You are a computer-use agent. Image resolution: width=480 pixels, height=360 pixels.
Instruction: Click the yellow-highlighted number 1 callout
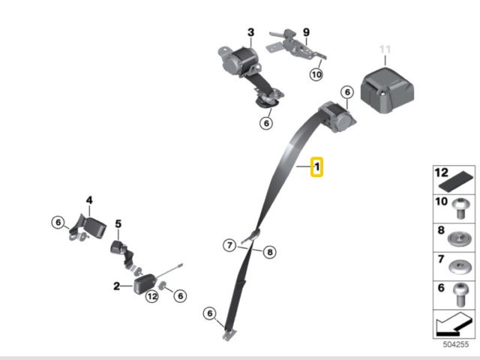[x=316, y=166]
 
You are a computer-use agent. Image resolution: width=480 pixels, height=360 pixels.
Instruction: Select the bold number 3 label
[x=251, y=32]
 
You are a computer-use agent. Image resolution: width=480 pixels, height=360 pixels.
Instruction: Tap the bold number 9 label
[x=306, y=31]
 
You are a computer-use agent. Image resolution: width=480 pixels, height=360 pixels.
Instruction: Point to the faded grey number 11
[x=385, y=49]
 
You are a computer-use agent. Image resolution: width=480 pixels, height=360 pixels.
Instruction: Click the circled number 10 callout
[x=316, y=74]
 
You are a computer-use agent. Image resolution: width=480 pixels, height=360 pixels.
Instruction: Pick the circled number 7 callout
[x=229, y=245]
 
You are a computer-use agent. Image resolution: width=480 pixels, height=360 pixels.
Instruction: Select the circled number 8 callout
[x=270, y=252]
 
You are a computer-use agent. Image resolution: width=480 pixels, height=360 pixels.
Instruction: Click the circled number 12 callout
[x=152, y=296]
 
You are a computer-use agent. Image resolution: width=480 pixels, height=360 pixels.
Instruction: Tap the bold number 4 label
[x=89, y=200]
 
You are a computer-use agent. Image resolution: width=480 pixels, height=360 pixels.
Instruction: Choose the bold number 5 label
[x=118, y=223]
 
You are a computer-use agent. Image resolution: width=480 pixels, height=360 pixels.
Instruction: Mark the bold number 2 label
[x=117, y=286]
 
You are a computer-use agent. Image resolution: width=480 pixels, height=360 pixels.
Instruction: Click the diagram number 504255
[x=456, y=344]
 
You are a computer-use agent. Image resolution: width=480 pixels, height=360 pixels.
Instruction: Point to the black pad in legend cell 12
[x=456, y=181]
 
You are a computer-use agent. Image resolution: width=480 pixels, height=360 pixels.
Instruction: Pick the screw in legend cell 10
[x=460, y=208]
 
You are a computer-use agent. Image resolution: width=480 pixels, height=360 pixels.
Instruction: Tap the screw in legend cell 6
[x=460, y=295]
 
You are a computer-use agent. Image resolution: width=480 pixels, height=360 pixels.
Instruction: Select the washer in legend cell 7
[x=460, y=266]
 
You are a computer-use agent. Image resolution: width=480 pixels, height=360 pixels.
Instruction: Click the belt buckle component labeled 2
[x=145, y=283]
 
